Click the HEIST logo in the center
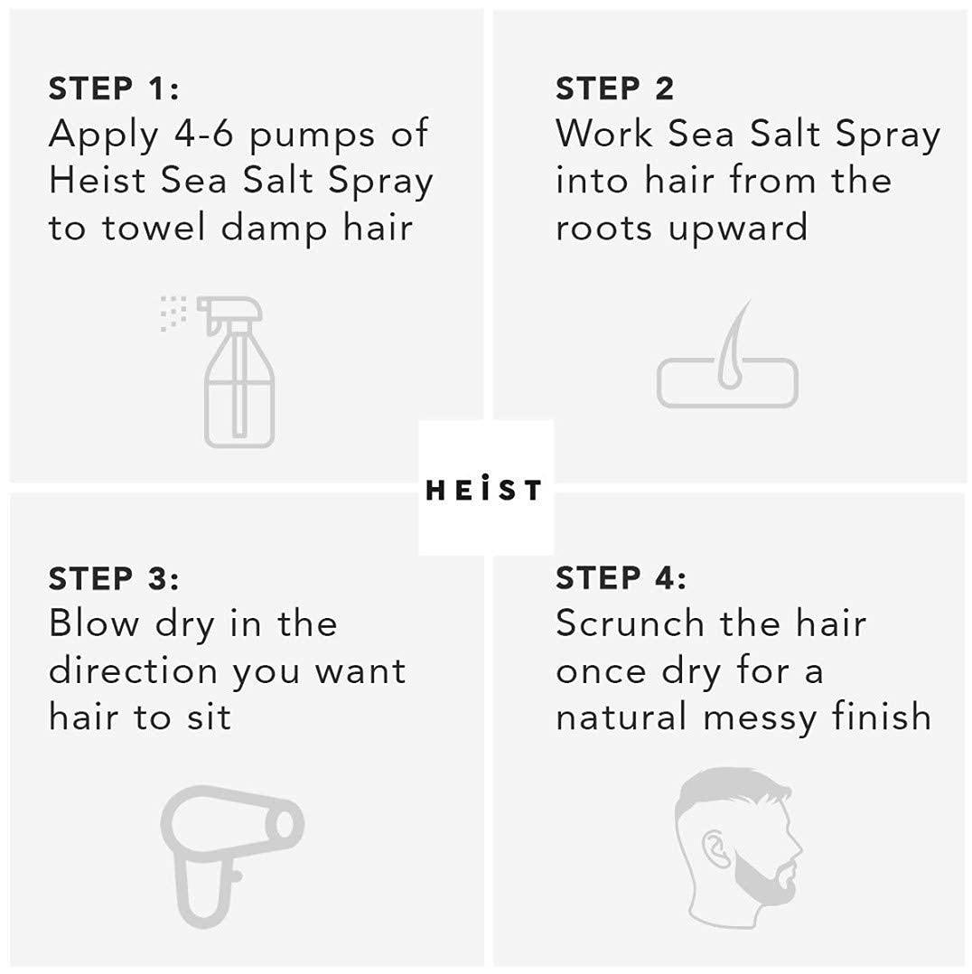point(485,489)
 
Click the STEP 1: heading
point(114,89)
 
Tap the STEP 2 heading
point(614,89)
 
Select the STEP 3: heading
point(114,577)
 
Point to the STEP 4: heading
point(621,577)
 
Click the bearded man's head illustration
point(736,840)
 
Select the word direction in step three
point(133,671)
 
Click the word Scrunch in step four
point(630,623)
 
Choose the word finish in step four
point(883,716)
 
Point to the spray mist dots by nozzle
point(173,312)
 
